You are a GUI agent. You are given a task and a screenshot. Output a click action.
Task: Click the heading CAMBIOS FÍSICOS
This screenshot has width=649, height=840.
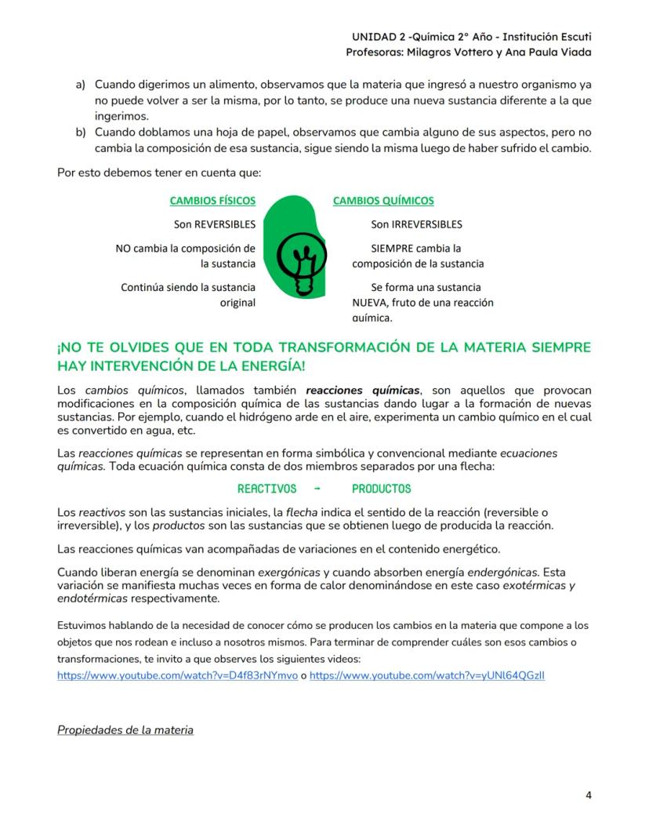pos(212,201)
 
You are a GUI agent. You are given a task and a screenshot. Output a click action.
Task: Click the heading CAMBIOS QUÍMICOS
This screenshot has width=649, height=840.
pos(383,201)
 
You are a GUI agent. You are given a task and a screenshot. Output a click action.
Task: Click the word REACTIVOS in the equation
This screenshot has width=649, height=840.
pos(266,489)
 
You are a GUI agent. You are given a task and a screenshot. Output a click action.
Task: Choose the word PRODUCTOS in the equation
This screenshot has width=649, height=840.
pos(381,489)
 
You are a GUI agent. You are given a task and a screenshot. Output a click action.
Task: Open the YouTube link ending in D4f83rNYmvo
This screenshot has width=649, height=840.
pos(177,675)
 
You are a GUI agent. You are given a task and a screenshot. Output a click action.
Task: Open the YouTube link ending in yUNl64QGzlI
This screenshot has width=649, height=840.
pos(427,675)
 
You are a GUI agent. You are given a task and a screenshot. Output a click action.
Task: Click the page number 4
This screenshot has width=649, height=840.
pos(589,795)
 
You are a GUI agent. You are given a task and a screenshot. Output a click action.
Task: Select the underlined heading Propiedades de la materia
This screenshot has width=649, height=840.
pos(125,730)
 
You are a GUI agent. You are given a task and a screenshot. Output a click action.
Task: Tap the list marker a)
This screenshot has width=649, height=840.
pos(81,84)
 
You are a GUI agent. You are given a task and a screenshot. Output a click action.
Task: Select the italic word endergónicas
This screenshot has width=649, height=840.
pos(503,571)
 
